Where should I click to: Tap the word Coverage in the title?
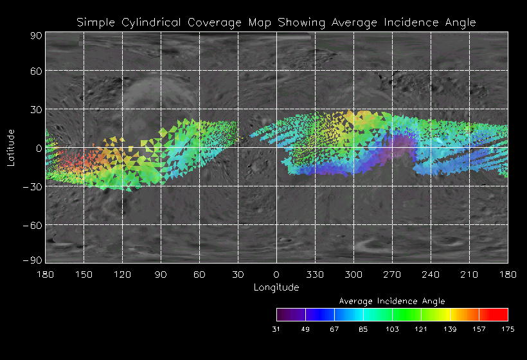(x=213, y=22)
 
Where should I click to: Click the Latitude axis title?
(x=11, y=147)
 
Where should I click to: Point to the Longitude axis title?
(x=276, y=287)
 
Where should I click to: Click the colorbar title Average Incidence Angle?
(x=392, y=301)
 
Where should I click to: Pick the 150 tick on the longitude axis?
(x=84, y=274)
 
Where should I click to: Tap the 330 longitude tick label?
(x=315, y=274)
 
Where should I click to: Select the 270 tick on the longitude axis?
(x=392, y=274)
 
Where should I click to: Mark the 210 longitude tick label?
(x=469, y=274)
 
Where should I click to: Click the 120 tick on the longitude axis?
(x=122, y=274)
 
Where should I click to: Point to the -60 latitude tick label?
(x=32, y=225)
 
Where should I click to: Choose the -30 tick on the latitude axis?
(x=32, y=186)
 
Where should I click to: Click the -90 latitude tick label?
(x=32, y=260)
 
